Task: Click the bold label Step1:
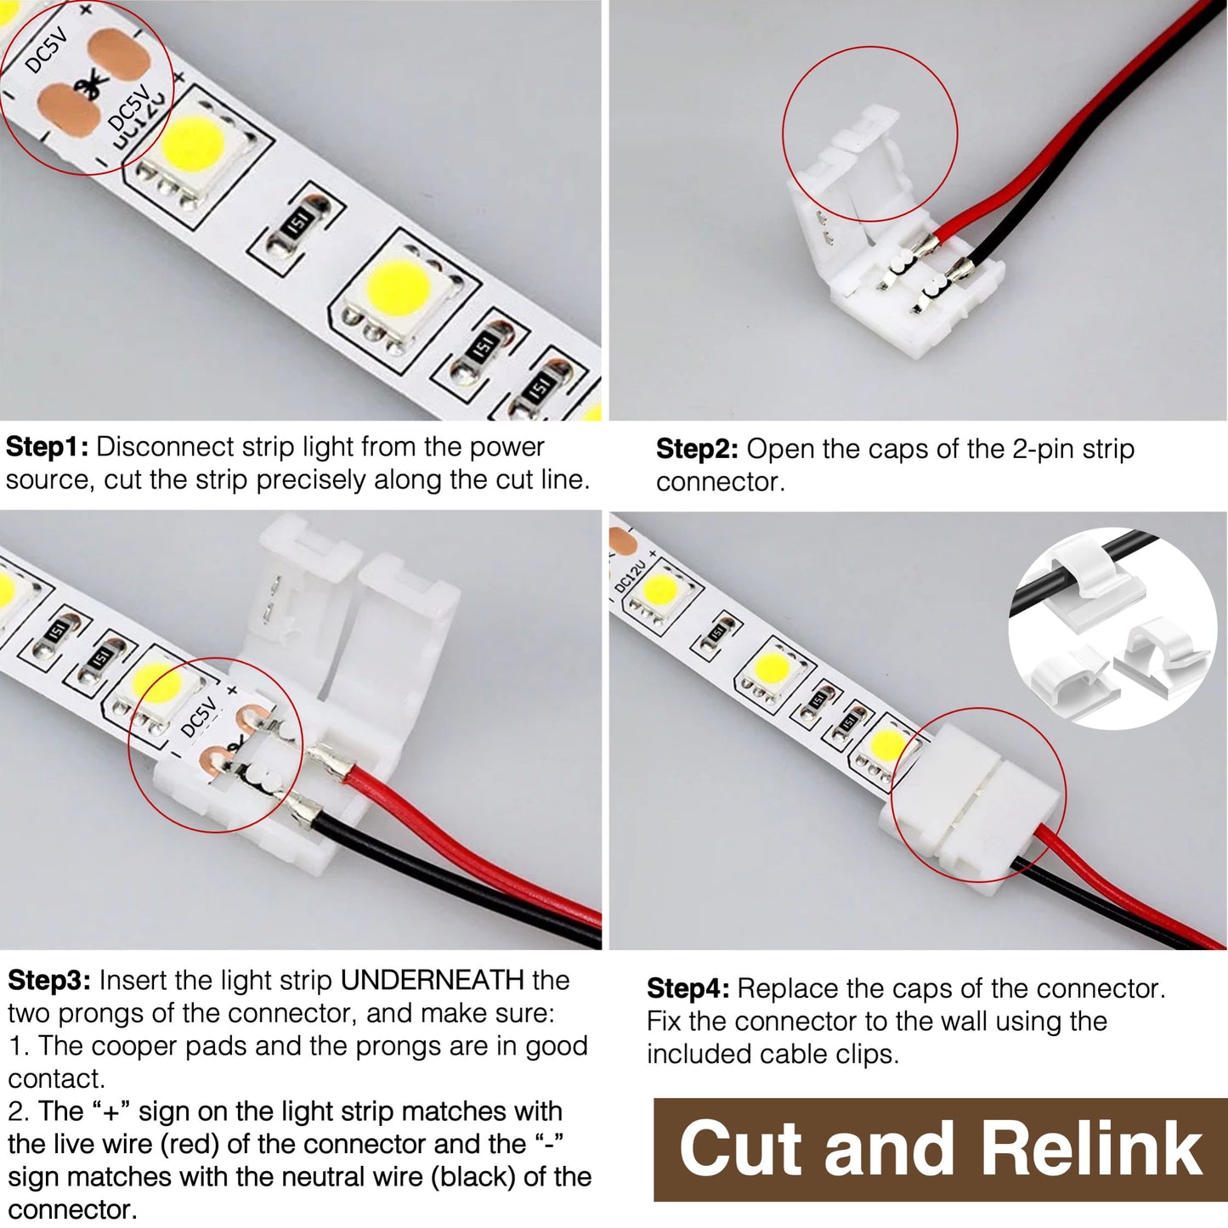coord(48,447)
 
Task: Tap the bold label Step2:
coord(697,450)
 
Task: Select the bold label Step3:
coord(49,981)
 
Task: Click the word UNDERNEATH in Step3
coord(432,981)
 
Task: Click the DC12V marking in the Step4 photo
coord(631,572)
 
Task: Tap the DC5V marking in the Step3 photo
coord(200,716)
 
